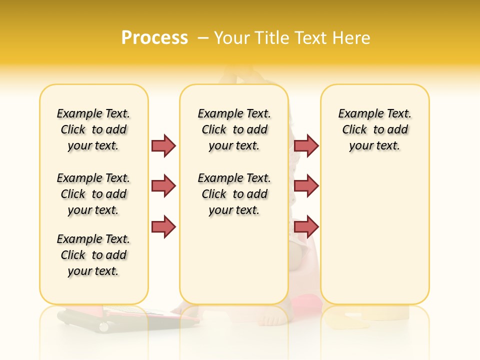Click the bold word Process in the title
tap(154, 37)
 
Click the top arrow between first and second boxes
tap(163, 145)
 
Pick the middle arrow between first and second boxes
tap(163, 186)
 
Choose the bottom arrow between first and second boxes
tap(163, 226)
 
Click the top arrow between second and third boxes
tap(306, 145)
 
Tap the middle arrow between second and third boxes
tap(306, 186)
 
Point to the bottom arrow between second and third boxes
tap(306, 226)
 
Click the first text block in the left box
tap(93, 129)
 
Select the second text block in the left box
tap(93, 194)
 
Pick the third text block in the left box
tap(93, 255)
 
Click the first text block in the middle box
tap(234, 129)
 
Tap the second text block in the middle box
tap(234, 194)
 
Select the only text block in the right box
tap(374, 129)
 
